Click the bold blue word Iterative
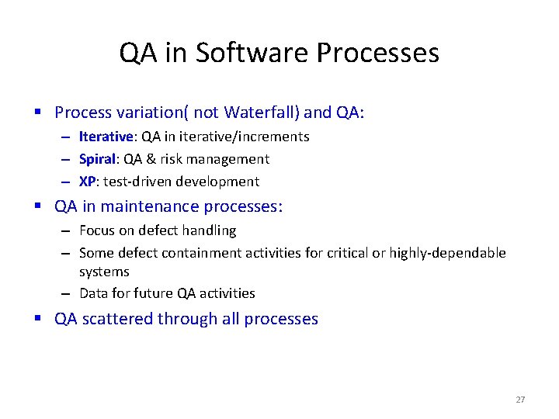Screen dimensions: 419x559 click(106, 137)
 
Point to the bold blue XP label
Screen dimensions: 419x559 click(88, 182)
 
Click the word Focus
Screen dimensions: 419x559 click(97, 230)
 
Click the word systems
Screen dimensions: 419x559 click(104, 272)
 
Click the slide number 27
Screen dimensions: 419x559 click(520, 400)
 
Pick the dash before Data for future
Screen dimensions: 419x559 click(68, 293)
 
